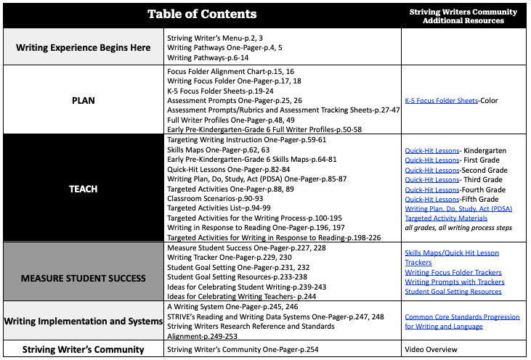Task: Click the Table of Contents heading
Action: click(x=201, y=15)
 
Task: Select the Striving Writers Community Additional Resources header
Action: click(x=463, y=17)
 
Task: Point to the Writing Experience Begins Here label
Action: click(x=84, y=47)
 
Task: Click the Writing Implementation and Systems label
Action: click(x=84, y=321)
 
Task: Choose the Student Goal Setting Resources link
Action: click(x=453, y=292)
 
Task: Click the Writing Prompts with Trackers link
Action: click(x=450, y=282)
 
